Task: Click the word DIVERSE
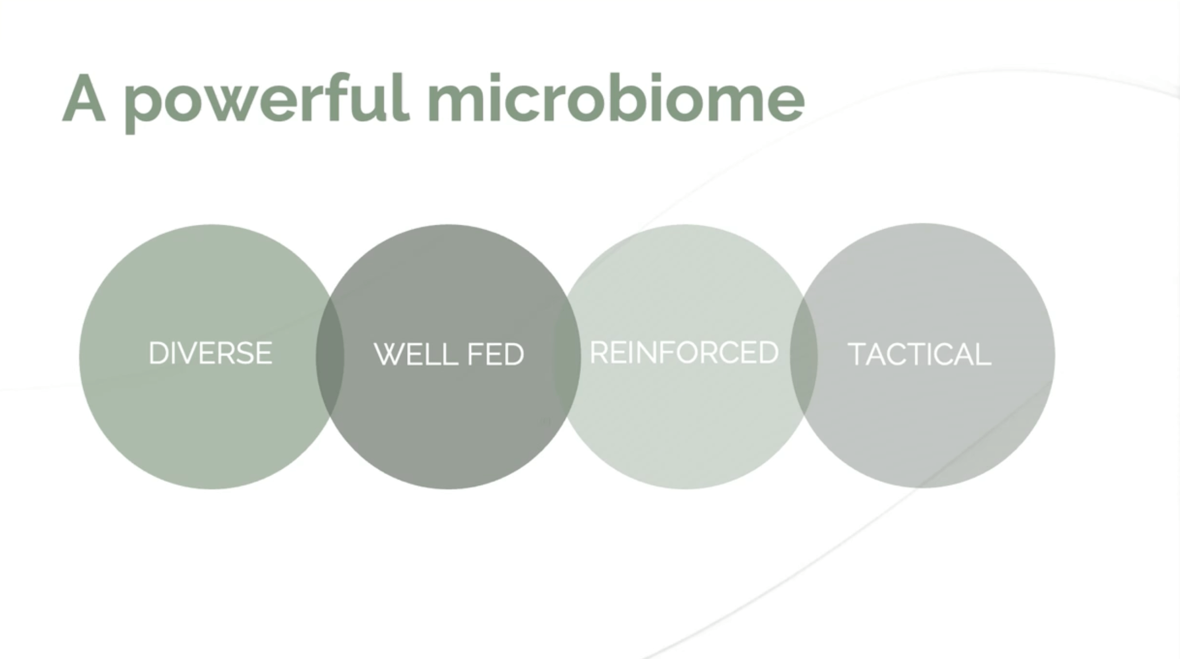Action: (x=210, y=353)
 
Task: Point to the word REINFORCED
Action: (x=684, y=352)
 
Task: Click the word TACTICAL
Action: (x=920, y=354)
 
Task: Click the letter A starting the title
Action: (x=83, y=98)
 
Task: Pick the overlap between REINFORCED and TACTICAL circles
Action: (x=804, y=355)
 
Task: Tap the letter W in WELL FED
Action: (x=390, y=354)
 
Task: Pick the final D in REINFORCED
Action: (x=769, y=352)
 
